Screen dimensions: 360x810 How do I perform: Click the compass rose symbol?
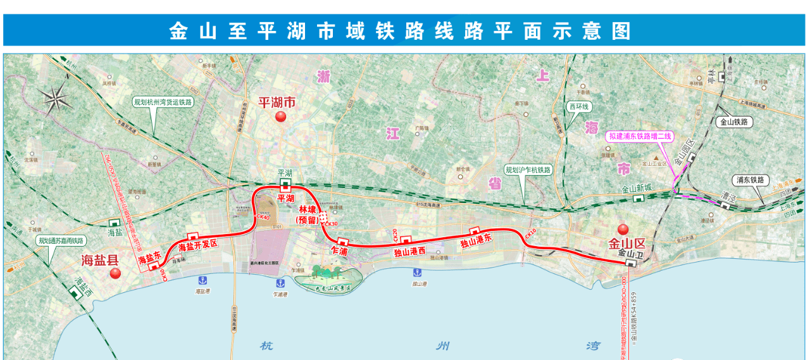click(x=57, y=97)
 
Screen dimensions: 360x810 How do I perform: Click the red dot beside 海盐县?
click(x=115, y=273)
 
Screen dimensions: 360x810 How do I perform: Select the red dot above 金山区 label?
click(x=623, y=229)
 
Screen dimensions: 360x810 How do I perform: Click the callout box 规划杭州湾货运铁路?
click(x=163, y=101)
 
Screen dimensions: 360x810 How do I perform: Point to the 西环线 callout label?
click(x=578, y=107)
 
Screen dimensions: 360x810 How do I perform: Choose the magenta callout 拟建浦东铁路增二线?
click(x=640, y=136)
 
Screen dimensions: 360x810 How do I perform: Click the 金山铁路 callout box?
click(x=733, y=122)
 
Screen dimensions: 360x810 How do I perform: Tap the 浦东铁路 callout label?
click(x=750, y=180)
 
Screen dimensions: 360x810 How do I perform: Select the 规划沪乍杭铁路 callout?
click(x=527, y=170)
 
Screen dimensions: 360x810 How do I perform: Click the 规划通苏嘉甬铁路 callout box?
click(x=61, y=240)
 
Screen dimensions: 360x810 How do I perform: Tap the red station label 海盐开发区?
click(x=198, y=245)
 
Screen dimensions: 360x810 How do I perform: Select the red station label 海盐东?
click(x=151, y=258)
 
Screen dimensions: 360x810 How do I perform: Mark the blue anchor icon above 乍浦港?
click(x=278, y=283)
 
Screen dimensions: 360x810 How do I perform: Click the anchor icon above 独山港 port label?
click(x=417, y=272)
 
